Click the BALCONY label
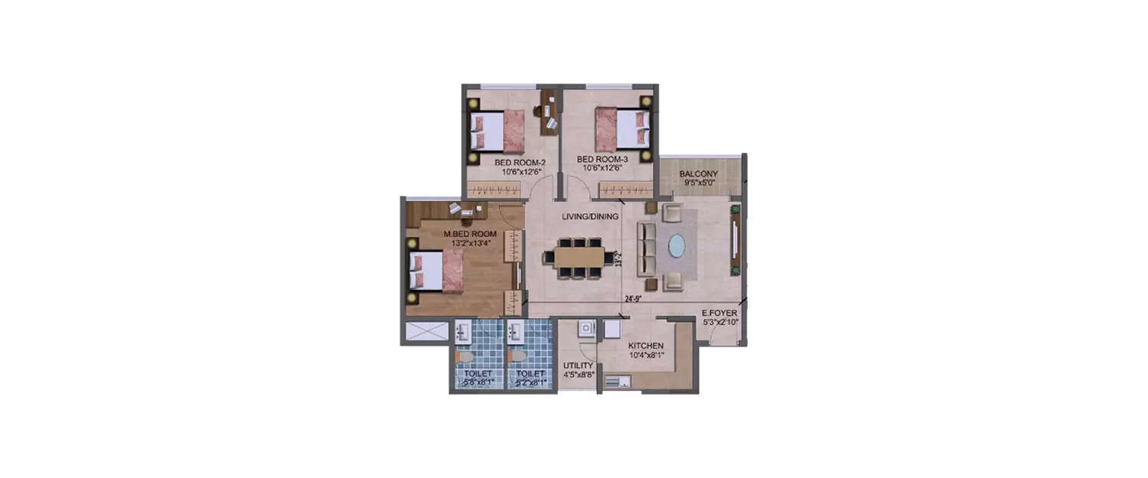[698, 174]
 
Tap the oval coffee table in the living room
[677, 246]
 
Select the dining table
[579, 258]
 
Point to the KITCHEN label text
[646, 346]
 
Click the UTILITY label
[578, 366]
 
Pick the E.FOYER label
[719, 314]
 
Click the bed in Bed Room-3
[621, 128]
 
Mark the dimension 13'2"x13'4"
[471, 243]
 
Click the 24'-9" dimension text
[631, 299]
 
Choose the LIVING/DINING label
[589, 216]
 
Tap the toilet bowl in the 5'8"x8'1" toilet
[464, 356]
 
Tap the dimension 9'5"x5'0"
[698, 184]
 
